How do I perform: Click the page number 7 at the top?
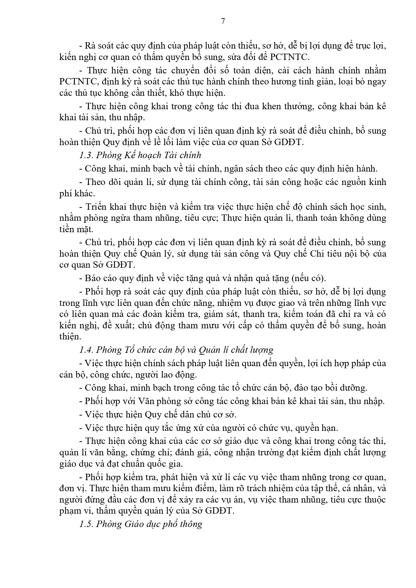[223, 21]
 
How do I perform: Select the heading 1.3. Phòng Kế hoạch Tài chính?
[140, 155]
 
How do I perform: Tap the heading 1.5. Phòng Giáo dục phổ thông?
[141, 524]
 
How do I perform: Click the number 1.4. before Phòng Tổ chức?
[86, 350]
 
